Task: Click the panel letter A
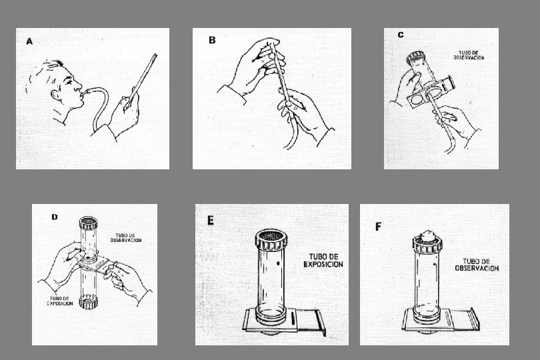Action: [x=29, y=42]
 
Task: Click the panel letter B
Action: [x=212, y=40]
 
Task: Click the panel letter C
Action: [x=401, y=35]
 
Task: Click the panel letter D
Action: [x=55, y=217]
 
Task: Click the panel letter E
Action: [x=211, y=221]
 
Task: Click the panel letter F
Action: [x=378, y=227]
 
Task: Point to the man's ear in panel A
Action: [x=55, y=95]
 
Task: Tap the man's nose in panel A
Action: [x=79, y=85]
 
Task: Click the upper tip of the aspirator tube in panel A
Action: [x=155, y=55]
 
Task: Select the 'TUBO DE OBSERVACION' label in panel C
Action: [x=469, y=55]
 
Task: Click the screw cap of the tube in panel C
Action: [x=416, y=57]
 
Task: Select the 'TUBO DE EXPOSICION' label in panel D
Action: [x=59, y=301]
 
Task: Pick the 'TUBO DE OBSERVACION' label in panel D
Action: [x=126, y=238]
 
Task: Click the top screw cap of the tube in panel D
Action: [x=88, y=223]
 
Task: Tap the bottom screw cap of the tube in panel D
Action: [x=88, y=302]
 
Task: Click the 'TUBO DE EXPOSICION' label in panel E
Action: [x=323, y=261]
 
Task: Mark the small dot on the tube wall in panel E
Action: [x=278, y=263]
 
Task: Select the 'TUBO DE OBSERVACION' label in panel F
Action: [x=477, y=265]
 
